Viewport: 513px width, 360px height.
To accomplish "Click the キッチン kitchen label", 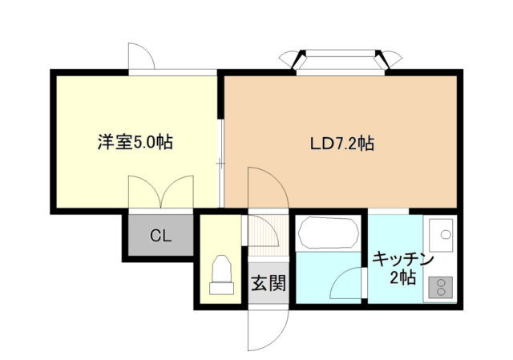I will click(x=403, y=260).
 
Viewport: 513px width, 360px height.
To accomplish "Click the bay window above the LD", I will click(x=341, y=59).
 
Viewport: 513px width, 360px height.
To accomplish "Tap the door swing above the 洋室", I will click(x=141, y=56).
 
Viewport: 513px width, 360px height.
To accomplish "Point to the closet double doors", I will click(x=160, y=192).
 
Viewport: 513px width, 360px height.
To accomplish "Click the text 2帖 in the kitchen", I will click(x=403, y=278).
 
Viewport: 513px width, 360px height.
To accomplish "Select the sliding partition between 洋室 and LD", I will click(x=220, y=160).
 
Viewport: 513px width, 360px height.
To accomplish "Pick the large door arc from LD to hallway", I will click(x=269, y=192).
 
